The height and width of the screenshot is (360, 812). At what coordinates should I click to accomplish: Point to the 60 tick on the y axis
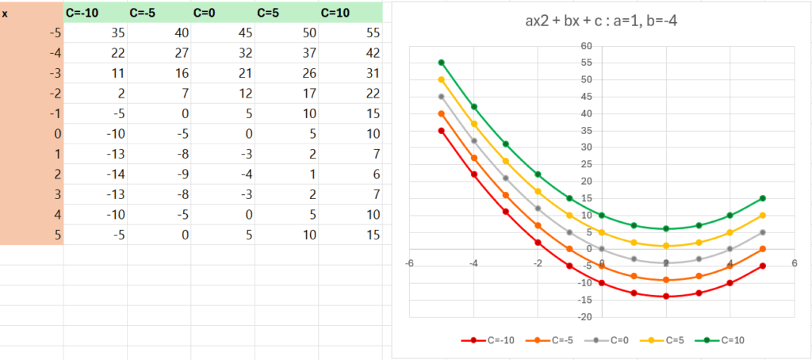[585, 46]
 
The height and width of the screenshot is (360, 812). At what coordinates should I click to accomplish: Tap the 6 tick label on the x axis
[794, 263]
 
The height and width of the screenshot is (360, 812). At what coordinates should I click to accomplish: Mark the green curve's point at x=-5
[441, 63]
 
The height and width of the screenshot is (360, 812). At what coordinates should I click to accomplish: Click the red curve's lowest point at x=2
[665, 297]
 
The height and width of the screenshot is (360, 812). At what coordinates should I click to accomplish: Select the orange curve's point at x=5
[762, 249]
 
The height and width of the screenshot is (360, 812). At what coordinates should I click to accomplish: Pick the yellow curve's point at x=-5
[441, 79]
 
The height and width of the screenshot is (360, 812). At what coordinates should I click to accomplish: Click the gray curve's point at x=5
[762, 232]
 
